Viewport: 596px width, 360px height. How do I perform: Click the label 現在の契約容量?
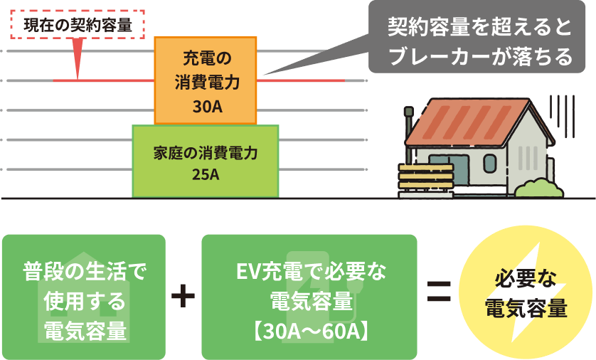point(78,26)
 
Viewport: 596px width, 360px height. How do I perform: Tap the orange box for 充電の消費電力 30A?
point(206,80)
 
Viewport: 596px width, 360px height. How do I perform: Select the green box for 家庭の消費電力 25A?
point(206,162)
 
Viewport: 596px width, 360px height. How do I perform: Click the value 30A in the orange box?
point(206,107)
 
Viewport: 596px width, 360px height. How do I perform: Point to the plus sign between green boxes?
point(183,296)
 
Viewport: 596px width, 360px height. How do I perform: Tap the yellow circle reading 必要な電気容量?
point(526,295)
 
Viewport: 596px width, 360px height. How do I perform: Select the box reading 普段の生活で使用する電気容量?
point(85,296)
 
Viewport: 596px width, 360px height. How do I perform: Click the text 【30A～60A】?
point(309,331)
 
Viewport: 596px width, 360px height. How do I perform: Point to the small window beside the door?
point(489,164)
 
